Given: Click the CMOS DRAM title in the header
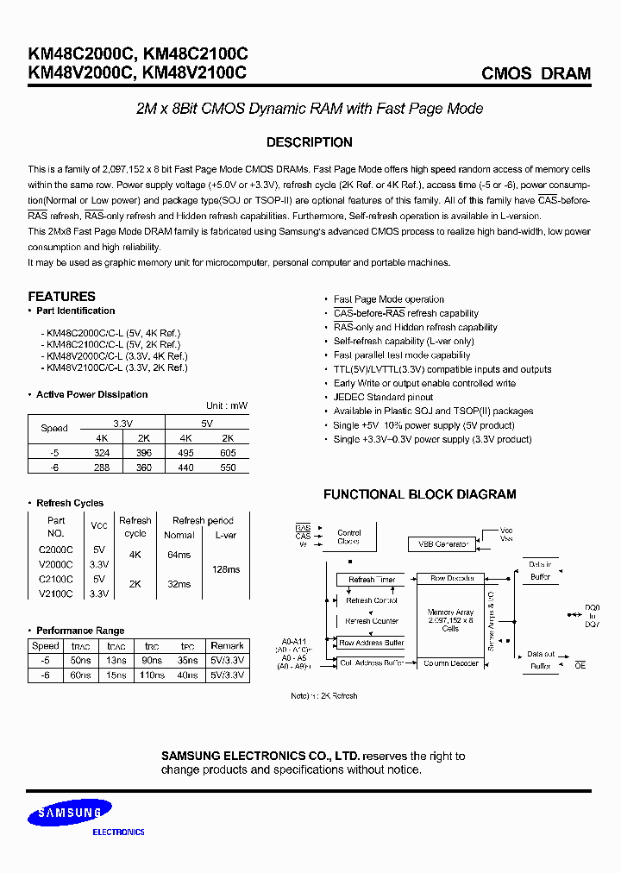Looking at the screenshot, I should click(536, 73).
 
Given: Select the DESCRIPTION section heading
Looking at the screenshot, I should click(309, 142).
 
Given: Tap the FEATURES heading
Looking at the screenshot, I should click(61, 296).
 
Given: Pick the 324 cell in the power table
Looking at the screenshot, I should click(102, 452).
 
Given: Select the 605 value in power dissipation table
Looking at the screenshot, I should click(228, 452).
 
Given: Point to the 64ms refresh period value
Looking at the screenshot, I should click(179, 555).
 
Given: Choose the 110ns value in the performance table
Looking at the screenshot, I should click(152, 675).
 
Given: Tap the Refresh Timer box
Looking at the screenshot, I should click(372, 580).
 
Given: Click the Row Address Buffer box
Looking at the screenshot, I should click(372, 643).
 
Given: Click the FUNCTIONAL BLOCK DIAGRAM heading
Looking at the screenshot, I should click(419, 494).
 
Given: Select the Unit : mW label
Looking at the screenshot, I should click(227, 405).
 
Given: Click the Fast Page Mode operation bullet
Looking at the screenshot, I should click(389, 299).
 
